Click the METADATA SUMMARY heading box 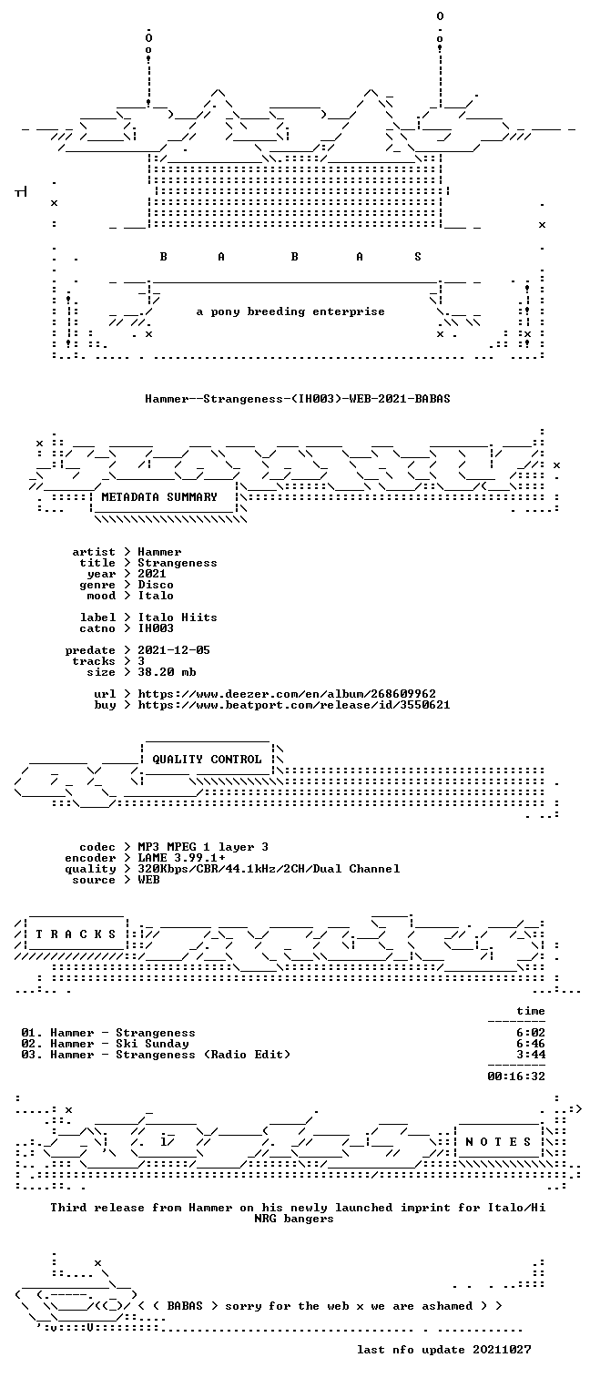click(159, 497)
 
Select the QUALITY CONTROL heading click(207, 759)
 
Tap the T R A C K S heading click(76, 934)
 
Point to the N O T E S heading click(498, 1141)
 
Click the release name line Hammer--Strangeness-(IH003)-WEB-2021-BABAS click(298, 399)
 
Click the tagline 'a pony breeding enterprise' click(290, 311)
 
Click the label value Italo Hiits click(178, 617)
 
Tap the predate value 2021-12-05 click(174, 650)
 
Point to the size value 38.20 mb click(167, 672)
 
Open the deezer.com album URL click(286, 694)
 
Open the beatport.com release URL click(294, 705)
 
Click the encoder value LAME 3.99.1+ click(181, 858)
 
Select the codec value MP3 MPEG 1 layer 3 click(203, 847)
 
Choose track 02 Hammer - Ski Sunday click(105, 1044)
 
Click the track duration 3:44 click(531, 1055)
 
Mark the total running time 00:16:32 click(516, 1077)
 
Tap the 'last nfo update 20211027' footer click(443, 1350)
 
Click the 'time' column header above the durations click(531, 1011)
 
